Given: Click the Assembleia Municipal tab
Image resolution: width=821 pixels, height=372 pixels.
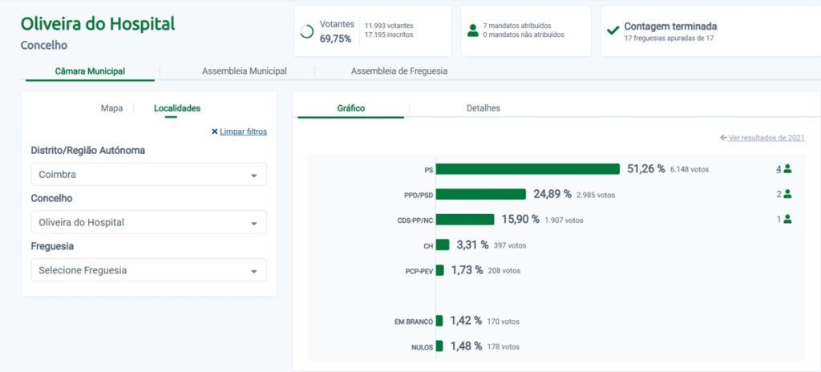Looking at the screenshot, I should click(x=245, y=71).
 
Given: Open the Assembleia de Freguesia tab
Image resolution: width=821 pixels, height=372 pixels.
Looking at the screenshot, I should click(x=399, y=71).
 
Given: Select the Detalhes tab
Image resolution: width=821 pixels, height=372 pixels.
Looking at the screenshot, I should click(x=483, y=108).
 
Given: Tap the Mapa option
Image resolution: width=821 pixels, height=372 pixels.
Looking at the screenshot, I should click(x=111, y=108).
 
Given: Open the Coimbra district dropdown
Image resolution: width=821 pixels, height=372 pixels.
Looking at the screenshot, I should click(x=148, y=175).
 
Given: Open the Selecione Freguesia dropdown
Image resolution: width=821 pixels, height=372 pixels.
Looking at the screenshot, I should click(x=148, y=270).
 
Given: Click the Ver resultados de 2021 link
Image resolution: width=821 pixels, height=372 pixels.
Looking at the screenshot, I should click(x=762, y=138).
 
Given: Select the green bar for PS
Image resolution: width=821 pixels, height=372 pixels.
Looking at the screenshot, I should click(x=528, y=169).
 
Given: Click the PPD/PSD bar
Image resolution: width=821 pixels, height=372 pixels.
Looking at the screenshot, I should click(x=480, y=194).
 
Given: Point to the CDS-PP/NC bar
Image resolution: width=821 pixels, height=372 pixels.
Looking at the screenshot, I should click(x=465, y=220).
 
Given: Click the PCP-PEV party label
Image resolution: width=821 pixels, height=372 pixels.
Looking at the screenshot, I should click(x=419, y=271).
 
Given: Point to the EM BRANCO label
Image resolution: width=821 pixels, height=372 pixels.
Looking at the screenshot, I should click(x=414, y=321).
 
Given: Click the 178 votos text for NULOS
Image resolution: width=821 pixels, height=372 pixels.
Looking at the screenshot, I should click(x=504, y=346).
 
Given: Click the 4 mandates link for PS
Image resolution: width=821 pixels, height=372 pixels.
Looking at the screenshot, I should click(x=779, y=169).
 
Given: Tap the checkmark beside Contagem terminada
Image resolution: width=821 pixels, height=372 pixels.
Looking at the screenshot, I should click(x=613, y=30).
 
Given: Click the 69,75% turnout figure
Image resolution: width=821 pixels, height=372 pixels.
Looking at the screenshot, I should click(x=335, y=38).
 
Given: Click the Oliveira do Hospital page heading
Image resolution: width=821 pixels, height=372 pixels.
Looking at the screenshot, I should click(x=97, y=24).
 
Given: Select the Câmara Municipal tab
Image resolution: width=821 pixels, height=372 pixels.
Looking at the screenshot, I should click(x=90, y=71).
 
